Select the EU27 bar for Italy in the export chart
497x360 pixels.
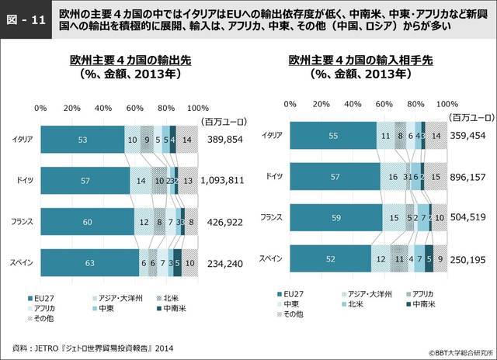(82, 140)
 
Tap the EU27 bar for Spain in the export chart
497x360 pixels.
(89, 263)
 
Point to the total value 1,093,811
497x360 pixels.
(222, 181)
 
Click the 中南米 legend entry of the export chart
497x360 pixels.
(165, 308)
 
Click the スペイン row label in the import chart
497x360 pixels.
(269, 258)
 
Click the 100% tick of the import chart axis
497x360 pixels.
(444, 103)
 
